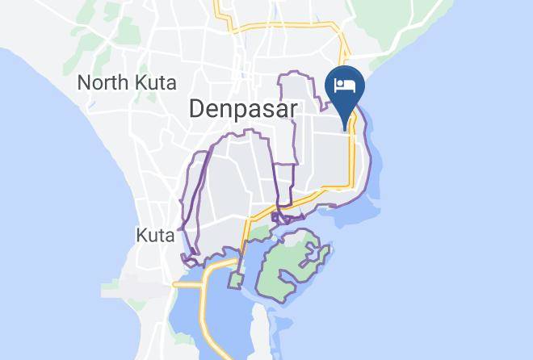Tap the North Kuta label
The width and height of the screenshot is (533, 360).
tap(127, 82)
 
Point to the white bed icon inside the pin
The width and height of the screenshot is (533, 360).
tap(345, 86)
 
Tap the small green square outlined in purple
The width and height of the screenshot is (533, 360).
tap(236, 280)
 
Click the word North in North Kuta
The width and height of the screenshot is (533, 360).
tap(103, 82)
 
